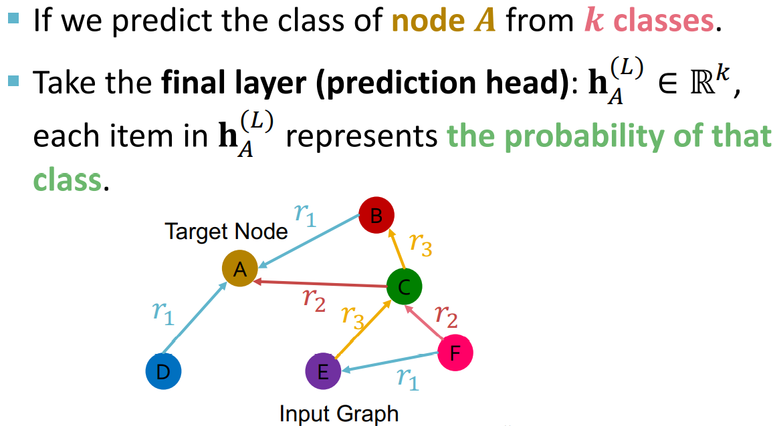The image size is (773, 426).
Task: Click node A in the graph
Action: pos(240,270)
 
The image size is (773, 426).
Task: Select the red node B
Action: pos(376,215)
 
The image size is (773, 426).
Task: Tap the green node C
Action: pos(404,287)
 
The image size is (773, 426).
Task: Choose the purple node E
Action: pos(323,372)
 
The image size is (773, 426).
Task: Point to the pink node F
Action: pos(455,352)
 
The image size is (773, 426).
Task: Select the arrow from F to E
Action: pos(388,361)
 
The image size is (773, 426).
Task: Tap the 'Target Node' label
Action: pos(226,232)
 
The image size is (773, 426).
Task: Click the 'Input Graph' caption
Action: pos(338,413)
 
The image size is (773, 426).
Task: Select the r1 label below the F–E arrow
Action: pos(407,379)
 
